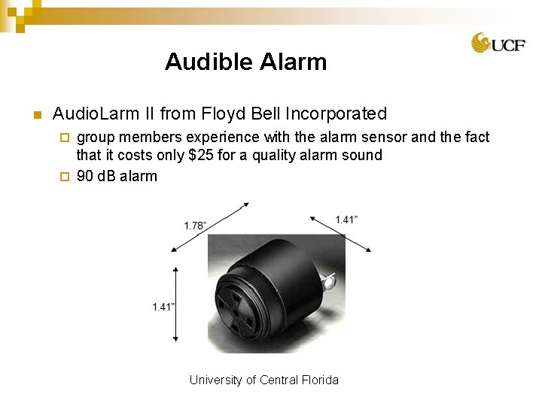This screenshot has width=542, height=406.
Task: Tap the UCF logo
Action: [x=498, y=44]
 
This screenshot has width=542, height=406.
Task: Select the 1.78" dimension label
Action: [x=196, y=226]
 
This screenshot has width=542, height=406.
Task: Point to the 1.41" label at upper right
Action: [x=346, y=220]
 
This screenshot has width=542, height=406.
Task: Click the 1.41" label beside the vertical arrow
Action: [x=163, y=307]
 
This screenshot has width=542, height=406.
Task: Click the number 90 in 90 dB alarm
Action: [x=85, y=177]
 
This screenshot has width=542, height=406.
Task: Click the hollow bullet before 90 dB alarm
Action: [x=65, y=177]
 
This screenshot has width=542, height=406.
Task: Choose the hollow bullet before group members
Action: [x=65, y=138]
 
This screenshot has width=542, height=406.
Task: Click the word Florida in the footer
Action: [x=320, y=380]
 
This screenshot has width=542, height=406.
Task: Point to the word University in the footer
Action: [x=216, y=380]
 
